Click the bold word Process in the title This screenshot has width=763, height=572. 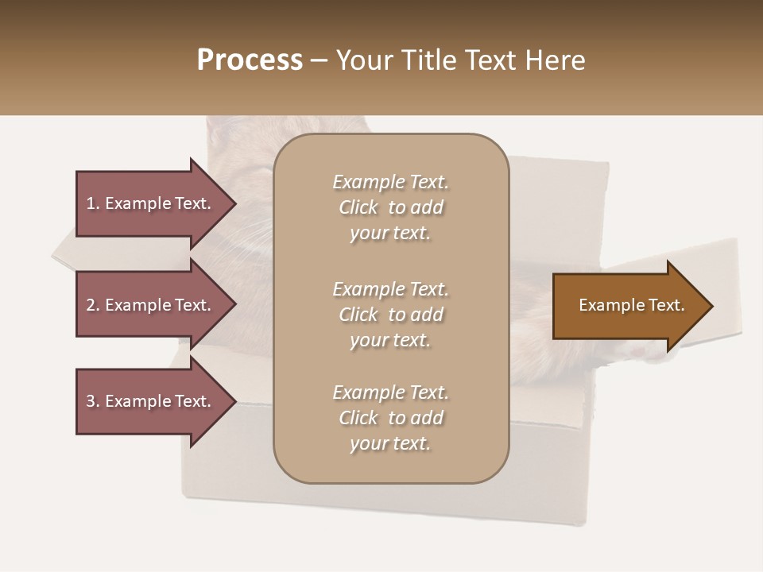[x=250, y=60]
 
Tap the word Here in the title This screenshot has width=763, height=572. [x=555, y=60]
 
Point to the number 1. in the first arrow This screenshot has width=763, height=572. [x=93, y=203]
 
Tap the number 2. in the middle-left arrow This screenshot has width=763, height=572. [x=93, y=305]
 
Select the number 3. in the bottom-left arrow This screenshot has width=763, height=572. [x=93, y=401]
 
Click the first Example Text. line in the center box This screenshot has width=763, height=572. [x=390, y=182]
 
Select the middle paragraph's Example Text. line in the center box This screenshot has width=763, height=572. [x=390, y=288]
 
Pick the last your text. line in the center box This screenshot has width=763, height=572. [x=390, y=443]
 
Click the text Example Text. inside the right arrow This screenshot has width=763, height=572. [x=632, y=305]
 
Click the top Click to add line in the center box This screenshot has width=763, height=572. [x=390, y=207]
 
